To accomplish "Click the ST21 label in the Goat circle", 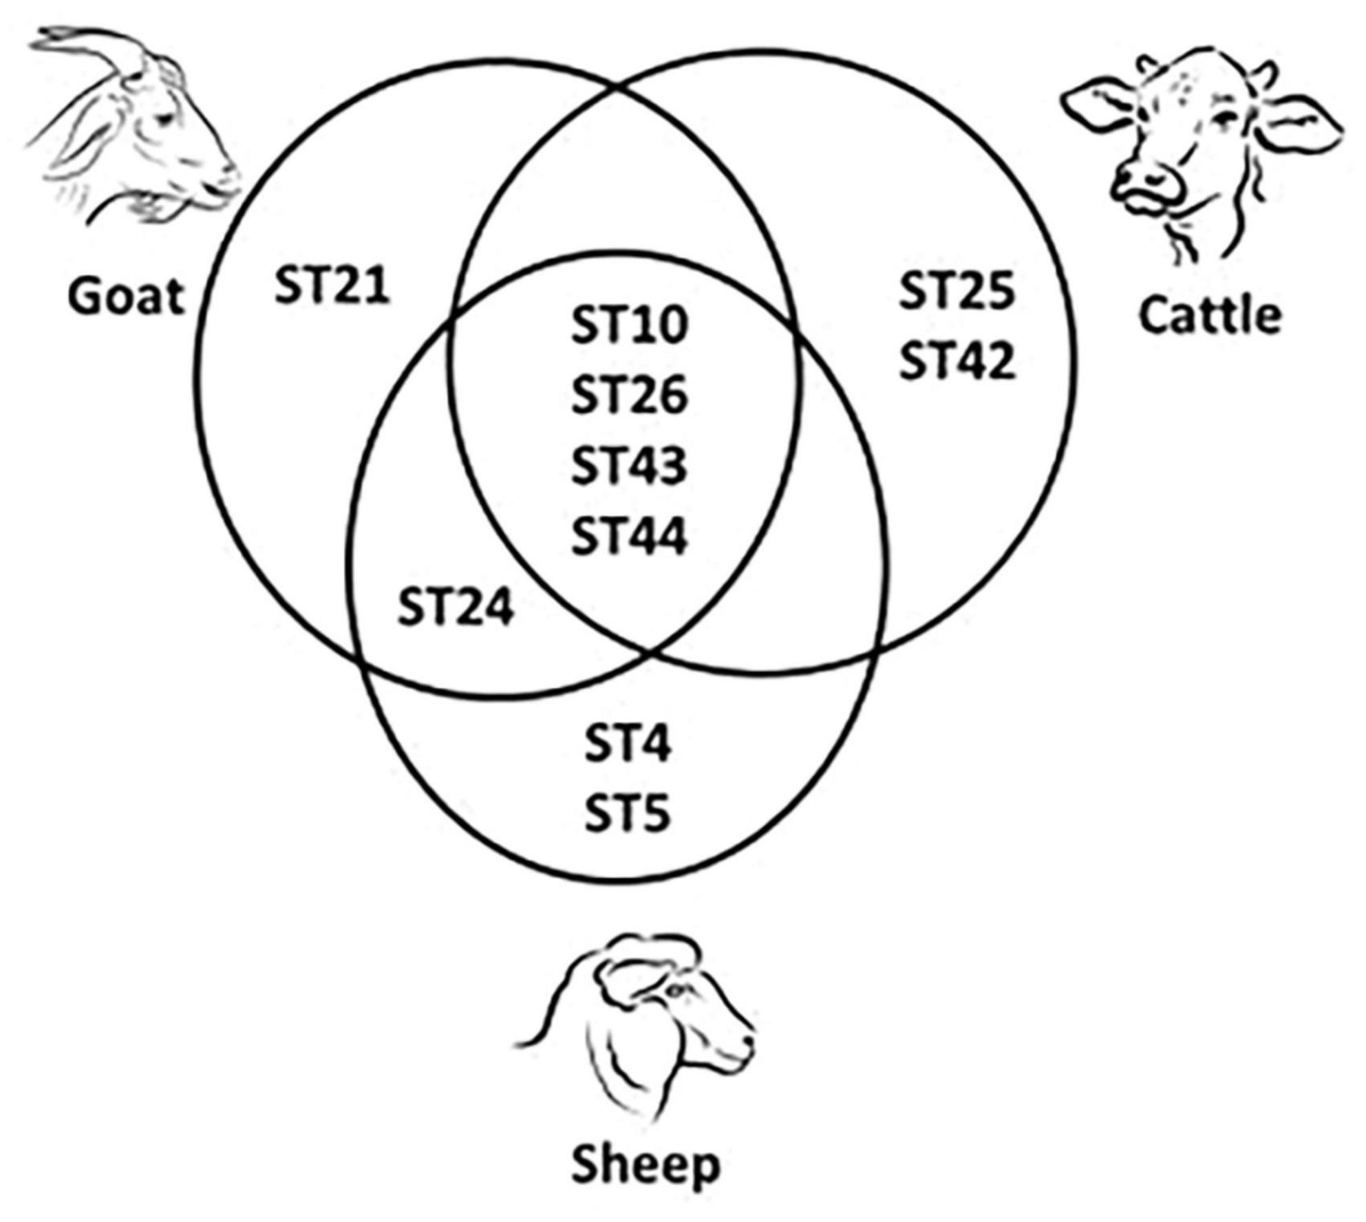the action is pyautogui.click(x=332, y=286).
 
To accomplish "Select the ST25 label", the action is pyautogui.click(x=957, y=290).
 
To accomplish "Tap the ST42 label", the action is pyautogui.click(x=957, y=361).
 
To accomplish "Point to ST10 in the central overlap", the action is pyautogui.click(x=629, y=325).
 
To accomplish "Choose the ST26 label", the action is pyautogui.click(x=629, y=396).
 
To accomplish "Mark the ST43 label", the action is pyautogui.click(x=629, y=466).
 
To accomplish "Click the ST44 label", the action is pyautogui.click(x=629, y=537).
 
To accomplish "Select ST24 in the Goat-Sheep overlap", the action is pyautogui.click(x=456, y=608).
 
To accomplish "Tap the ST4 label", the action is pyautogui.click(x=628, y=744).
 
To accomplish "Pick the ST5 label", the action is pyautogui.click(x=628, y=814).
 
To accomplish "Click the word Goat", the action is pyautogui.click(x=127, y=297).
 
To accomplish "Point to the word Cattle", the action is pyautogui.click(x=1210, y=316).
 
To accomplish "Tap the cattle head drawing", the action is pyautogui.click(x=1197, y=151).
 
